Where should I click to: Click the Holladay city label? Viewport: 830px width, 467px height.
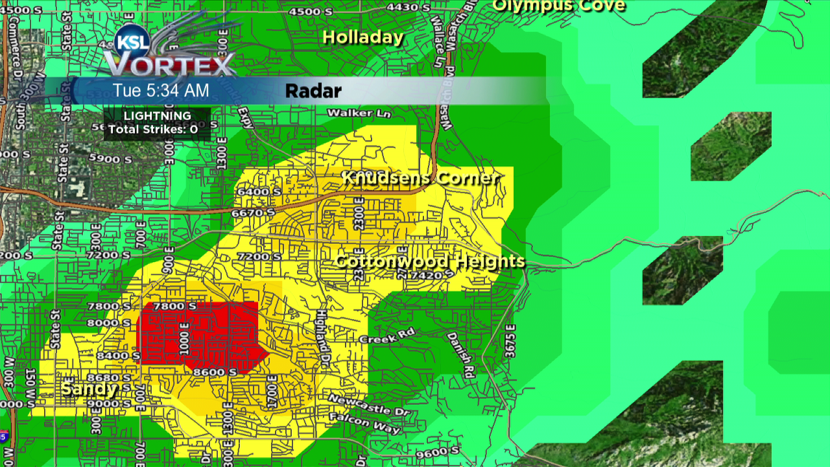click(363, 38)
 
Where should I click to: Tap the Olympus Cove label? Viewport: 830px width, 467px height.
click(559, 6)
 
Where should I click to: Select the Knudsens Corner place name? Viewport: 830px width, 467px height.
click(421, 178)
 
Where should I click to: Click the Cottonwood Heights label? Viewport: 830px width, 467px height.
click(430, 261)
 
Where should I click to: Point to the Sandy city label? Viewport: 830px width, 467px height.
click(89, 389)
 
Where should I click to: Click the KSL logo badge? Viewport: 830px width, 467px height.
click(132, 43)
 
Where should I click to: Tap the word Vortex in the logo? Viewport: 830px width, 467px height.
click(170, 66)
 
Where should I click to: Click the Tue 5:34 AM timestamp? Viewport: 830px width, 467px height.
click(161, 90)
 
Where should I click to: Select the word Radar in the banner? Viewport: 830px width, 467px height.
click(313, 91)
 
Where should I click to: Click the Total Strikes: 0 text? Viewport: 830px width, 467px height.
click(153, 130)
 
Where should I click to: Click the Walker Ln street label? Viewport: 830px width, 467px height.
click(351, 113)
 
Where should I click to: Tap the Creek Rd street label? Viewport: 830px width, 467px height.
click(386, 337)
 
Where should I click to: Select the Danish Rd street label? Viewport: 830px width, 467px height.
click(460, 355)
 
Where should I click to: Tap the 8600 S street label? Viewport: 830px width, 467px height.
click(214, 372)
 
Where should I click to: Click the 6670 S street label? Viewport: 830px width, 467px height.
click(256, 213)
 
